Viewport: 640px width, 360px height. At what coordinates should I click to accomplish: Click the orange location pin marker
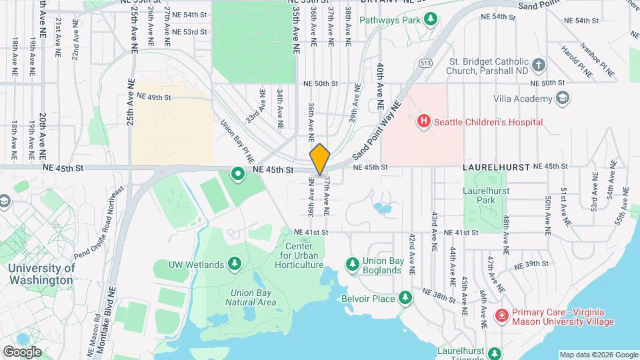click(319, 159)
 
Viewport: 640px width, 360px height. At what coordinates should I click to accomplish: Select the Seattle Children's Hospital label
click(488, 122)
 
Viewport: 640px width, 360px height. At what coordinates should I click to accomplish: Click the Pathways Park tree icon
click(431, 19)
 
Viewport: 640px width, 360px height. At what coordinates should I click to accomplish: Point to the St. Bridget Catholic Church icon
click(539, 65)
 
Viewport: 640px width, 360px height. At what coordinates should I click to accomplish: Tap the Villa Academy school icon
click(563, 99)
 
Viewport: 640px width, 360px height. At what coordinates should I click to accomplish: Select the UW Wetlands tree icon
click(235, 265)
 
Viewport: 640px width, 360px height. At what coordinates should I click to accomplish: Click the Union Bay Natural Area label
click(253, 297)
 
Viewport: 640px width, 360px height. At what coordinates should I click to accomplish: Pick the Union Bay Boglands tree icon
click(352, 265)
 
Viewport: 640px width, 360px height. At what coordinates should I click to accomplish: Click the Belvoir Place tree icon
click(405, 298)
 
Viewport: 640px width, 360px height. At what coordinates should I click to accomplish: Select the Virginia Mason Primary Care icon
click(501, 315)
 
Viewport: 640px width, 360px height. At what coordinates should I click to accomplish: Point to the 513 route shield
click(426, 63)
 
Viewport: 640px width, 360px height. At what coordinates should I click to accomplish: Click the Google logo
click(22, 352)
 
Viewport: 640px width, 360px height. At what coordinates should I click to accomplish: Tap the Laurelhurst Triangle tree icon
click(493, 352)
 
